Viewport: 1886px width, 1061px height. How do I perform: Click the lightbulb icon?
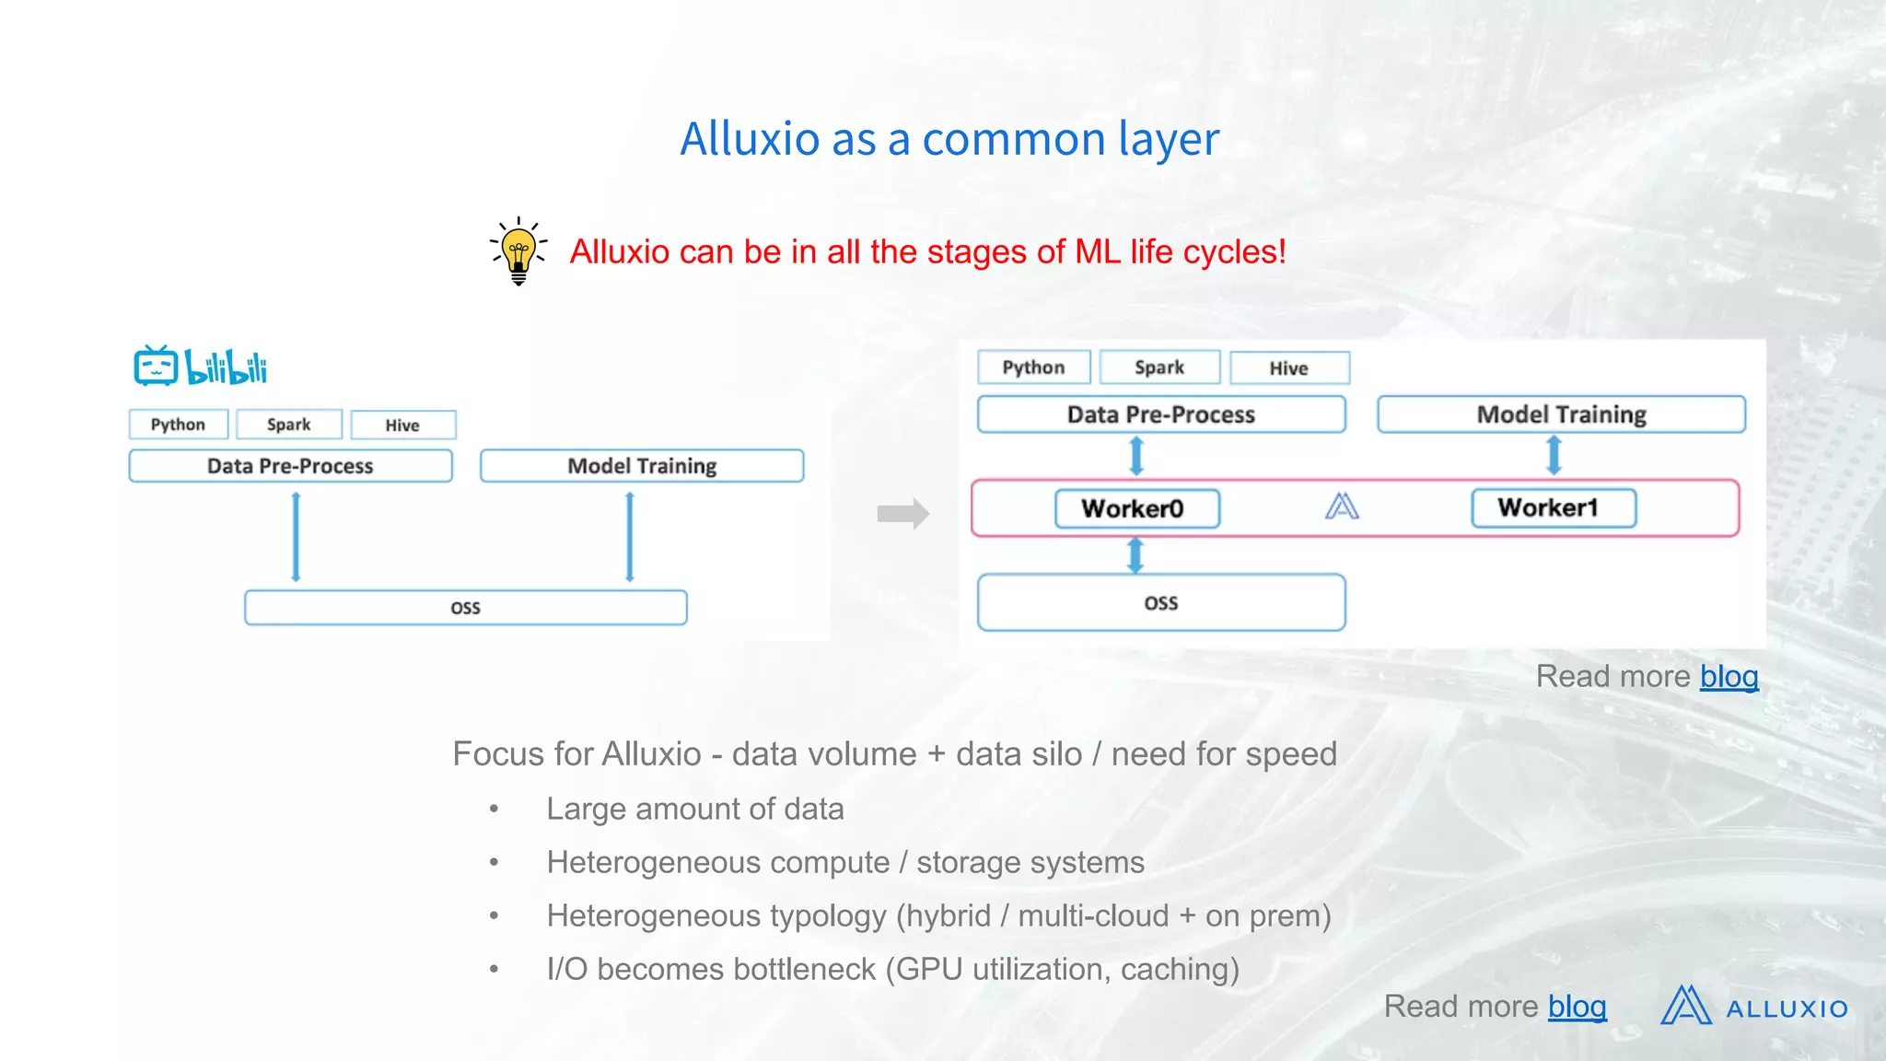[x=518, y=251]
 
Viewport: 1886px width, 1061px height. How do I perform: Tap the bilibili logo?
[x=201, y=367]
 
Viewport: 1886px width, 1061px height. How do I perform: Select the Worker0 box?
[x=1136, y=508]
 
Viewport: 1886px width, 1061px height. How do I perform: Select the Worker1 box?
[x=1553, y=507]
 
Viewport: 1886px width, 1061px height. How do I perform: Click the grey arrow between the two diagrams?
[x=902, y=513]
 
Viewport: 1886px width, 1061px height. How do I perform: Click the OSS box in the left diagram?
[x=465, y=608]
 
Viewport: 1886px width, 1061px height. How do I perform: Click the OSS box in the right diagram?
[x=1160, y=603]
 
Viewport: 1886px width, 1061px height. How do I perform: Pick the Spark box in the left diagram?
[x=289, y=425]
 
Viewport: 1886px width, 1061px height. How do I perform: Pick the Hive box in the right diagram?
[x=1289, y=368]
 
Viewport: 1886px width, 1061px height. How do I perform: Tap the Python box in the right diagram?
[x=1033, y=367]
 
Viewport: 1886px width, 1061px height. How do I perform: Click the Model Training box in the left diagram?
[x=642, y=466]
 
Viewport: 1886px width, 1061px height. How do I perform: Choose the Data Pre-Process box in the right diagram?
[x=1160, y=414]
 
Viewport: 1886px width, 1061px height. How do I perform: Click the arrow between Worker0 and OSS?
[x=1135, y=555]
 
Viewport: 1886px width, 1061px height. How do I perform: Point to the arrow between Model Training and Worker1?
[x=1554, y=455]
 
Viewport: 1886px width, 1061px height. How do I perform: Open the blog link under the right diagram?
[x=1729, y=677]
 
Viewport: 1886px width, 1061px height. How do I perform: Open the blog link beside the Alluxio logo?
[x=1577, y=1007]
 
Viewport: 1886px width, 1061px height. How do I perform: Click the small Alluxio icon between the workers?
[x=1342, y=507]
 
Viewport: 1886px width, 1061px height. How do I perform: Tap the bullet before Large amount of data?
[x=495, y=810]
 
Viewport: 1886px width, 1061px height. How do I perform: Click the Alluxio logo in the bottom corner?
[x=1754, y=1007]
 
